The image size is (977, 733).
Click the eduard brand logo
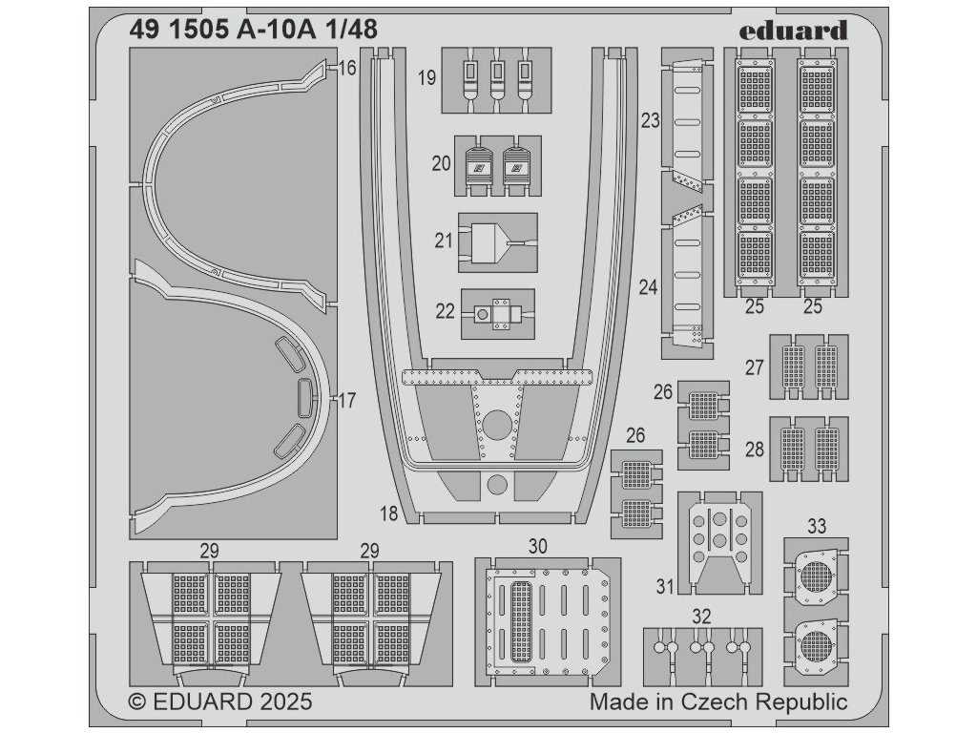point(793,31)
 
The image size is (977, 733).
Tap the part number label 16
point(347,69)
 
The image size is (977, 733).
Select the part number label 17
point(347,401)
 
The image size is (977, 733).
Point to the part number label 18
point(388,513)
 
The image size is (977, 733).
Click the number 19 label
point(426,78)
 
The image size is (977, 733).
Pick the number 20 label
point(441,163)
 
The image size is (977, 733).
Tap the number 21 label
point(444,241)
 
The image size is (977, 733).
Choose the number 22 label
point(445,312)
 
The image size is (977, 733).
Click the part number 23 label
point(651,121)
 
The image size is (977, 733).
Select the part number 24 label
point(649,286)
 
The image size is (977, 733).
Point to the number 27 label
point(756,367)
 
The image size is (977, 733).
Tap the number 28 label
point(755,449)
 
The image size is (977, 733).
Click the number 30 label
point(538,546)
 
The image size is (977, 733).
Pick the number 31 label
point(665,585)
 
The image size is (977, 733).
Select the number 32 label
point(702,617)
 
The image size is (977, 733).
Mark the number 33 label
point(817,527)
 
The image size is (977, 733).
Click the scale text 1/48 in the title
point(352,30)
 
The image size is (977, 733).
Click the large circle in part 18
point(496,425)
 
